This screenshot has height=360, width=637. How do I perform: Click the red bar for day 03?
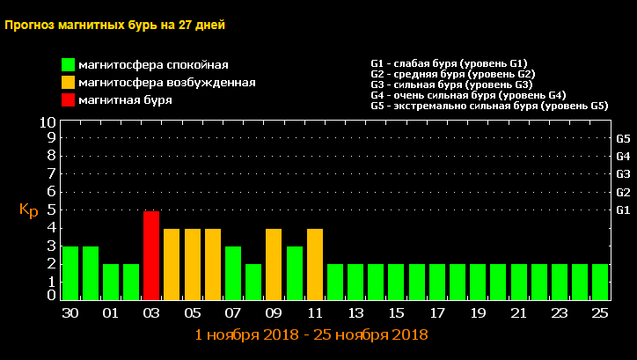[x=151, y=255]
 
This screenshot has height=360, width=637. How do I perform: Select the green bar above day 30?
[x=70, y=273]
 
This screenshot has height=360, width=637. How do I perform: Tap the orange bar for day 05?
[x=192, y=264]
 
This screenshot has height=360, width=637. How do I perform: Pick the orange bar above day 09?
[x=274, y=264]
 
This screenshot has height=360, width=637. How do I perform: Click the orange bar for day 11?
[x=315, y=264]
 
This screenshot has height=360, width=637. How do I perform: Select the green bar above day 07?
[x=233, y=273]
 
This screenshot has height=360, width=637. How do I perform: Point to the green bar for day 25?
[x=600, y=282]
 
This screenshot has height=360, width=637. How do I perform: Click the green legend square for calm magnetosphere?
[x=68, y=65]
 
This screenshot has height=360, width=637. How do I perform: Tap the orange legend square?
[x=68, y=83]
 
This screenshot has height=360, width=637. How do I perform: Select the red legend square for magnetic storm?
[x=68, y=100]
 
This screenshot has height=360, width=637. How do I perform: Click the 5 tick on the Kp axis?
[x=51, y=209]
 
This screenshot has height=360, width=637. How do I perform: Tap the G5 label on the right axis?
[x=623, y=138]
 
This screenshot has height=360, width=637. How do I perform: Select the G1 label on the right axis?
[x=623, y=209]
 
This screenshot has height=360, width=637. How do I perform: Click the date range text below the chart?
[x=311, y=335]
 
